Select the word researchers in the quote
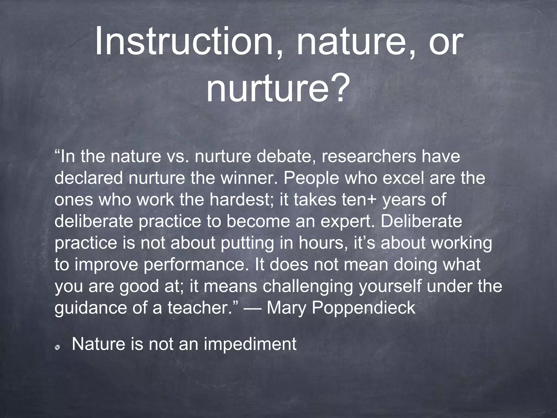pos(369,157)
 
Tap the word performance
pos(194,265)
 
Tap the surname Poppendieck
pos(363,308)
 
